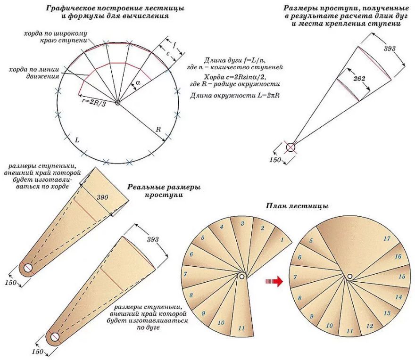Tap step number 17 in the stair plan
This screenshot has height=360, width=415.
click(x=387, y=239)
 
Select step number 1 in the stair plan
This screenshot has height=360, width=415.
click(x=282, y=240)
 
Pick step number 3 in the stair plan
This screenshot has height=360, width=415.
click(x=242, y=223)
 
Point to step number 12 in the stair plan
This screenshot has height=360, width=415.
click(x=369, y=326)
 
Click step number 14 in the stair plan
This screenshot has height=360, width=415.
click(x=399, y=297)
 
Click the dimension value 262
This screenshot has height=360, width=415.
click(x=359, y=79)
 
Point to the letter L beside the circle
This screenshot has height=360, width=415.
click(x=77, y=140)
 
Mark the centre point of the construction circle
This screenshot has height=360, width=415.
click(x=118, y=103)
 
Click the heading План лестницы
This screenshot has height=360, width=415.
click(x=297, y=206)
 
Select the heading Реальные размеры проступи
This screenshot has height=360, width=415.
click(x=164, y=191)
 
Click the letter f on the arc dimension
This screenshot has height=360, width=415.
click(x=174, y=46)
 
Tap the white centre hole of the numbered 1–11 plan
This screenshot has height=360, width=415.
click(x=242, y=277)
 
